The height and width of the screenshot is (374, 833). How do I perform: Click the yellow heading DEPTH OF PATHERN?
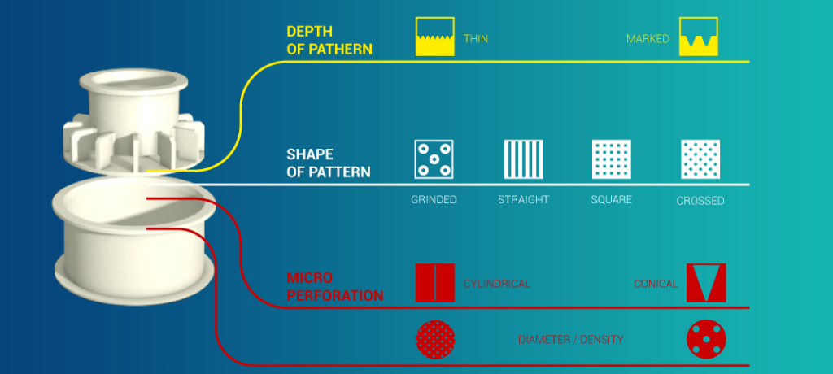click(329, 40)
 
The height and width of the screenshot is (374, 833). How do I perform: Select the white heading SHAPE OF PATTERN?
click(328, 163)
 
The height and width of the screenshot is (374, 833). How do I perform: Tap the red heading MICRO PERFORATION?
click(334, 287)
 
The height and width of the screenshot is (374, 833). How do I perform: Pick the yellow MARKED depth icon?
click(699, 37)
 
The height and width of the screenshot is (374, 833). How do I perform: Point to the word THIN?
click(476, 38)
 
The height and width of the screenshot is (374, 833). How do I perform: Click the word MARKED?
click(648, 38)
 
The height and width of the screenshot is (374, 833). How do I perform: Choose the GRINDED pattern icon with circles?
click(434, 159)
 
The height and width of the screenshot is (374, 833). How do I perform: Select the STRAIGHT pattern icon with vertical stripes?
click(522, 159)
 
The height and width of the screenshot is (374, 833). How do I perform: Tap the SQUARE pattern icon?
click(611, 159)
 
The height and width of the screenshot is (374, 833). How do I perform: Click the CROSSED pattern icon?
click(700, 159)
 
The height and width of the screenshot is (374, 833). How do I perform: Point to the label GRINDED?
click(434, 199)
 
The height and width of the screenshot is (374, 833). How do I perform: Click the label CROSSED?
click(700, 200)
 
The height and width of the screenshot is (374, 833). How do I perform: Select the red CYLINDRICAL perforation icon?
click(435, 283)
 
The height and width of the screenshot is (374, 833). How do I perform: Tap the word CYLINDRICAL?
click(496, 284)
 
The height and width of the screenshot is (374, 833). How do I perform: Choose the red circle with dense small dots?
click(436, 339)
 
